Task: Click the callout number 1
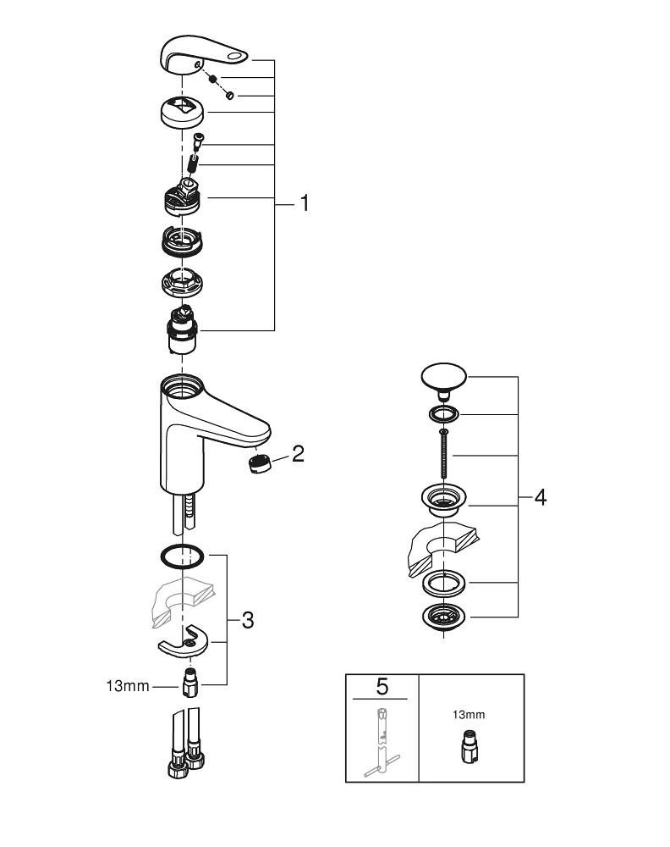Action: point(303,204)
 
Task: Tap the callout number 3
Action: point(247,620)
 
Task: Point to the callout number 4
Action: point(540,497)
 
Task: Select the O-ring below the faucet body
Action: point(181,556)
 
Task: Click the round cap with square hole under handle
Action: point(184,111)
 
